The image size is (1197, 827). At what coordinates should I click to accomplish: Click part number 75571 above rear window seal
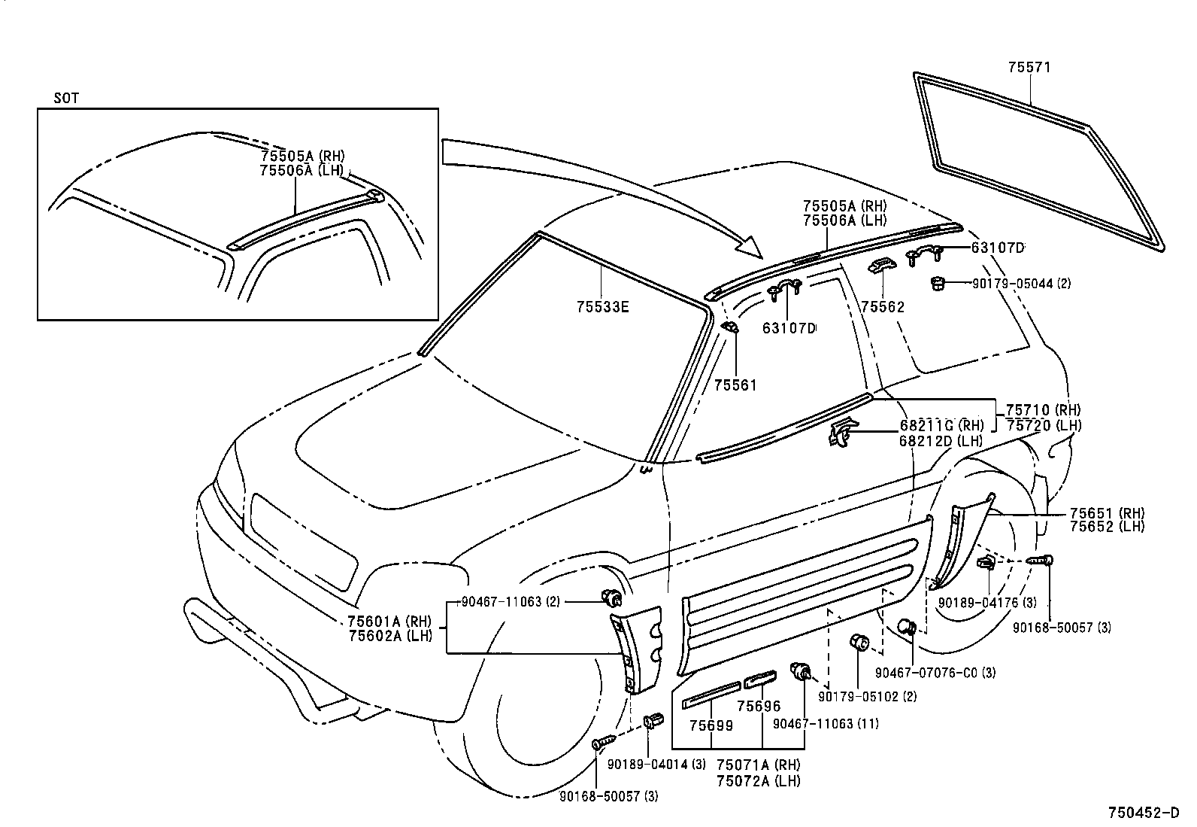tap(1029, 68)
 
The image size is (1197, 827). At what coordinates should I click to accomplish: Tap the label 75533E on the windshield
tap(603, 307)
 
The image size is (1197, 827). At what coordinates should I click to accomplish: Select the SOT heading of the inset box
tap(66, 99)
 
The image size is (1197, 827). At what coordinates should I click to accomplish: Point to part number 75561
tap(735, 385)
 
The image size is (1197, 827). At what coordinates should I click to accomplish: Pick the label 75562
tap(883, 307)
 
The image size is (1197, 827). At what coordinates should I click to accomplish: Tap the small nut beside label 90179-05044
tap(937, 283)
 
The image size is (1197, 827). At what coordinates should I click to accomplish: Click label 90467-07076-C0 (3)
tap(935, 673)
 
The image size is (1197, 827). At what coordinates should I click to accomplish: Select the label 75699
tap(711, 725)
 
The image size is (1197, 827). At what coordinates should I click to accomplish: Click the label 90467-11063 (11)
tap(826, 724)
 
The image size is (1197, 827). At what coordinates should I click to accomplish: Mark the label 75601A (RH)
tap(389, 622)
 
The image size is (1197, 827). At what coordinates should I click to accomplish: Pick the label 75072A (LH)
tap(758, 781)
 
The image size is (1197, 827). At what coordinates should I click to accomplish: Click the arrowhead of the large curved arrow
tap(752, 248)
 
